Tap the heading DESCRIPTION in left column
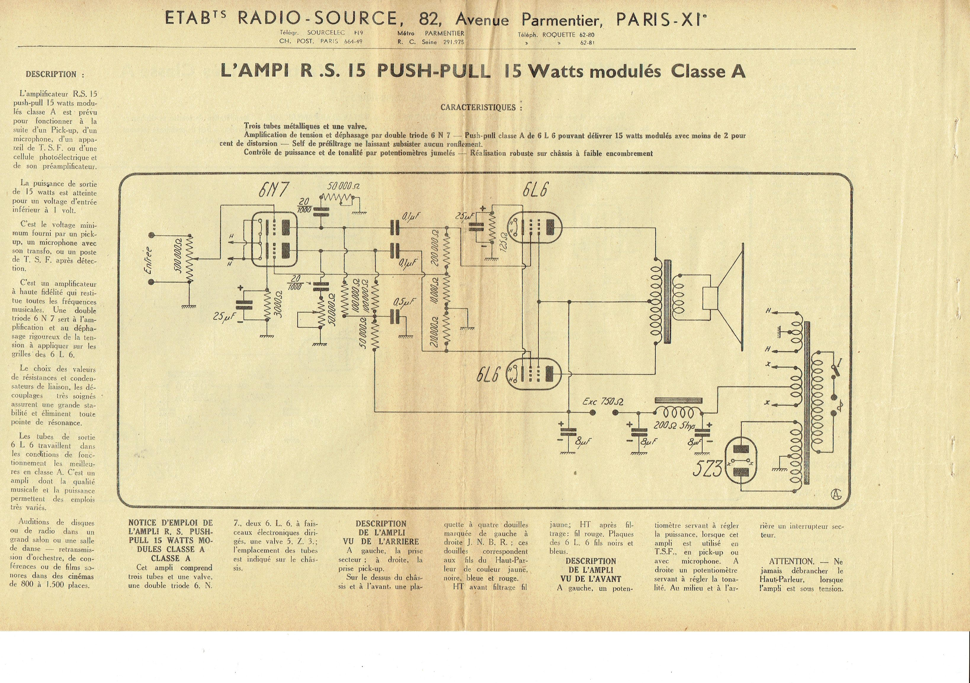(55, 74)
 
